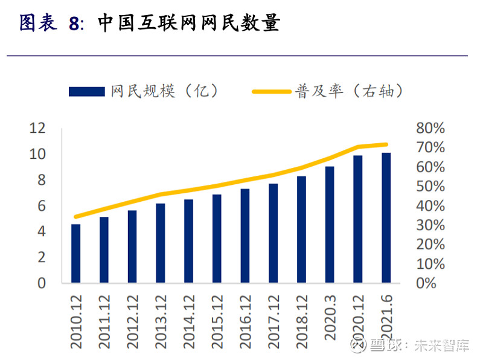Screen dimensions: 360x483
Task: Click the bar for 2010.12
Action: [x=75, y=254]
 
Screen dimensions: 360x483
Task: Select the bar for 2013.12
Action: [x=160, y=243]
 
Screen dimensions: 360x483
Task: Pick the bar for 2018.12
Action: [x=301, y=230]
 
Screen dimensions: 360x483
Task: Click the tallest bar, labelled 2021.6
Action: [x=386, y=218]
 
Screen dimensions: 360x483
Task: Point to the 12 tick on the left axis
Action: [x=37, y=128]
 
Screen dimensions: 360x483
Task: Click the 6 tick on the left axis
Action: [x=42, y=206]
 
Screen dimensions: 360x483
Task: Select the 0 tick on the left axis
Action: [x=42, y=283]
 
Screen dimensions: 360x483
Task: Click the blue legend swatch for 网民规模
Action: [x=88, y=92]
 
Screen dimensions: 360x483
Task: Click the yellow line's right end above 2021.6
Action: [x=386, y=144]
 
